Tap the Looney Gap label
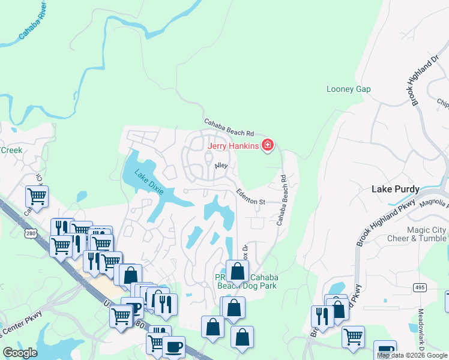tap(348, 89)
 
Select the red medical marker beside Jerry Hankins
tap(267, 145)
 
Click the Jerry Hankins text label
tap(233, 145)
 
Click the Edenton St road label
tap(250, 197)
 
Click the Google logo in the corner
tap(20, 352)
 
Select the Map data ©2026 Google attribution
tap(412, 355)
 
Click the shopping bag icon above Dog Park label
tap(238, 271)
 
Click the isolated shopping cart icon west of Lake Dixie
tap(37, 196)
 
